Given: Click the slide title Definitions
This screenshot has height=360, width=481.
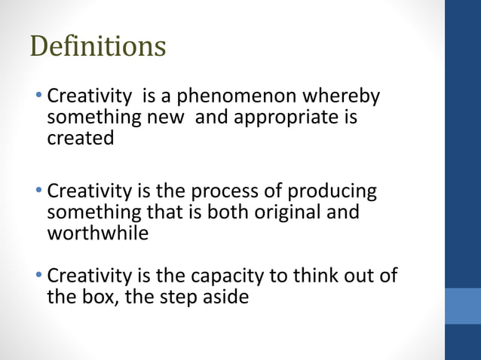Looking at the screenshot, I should (98, 47).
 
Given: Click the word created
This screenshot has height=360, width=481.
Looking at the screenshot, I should (80, 139).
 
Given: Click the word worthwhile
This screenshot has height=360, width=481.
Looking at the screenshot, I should (97, 233).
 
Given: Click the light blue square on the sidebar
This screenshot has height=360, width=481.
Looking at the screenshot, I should (463, 306).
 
